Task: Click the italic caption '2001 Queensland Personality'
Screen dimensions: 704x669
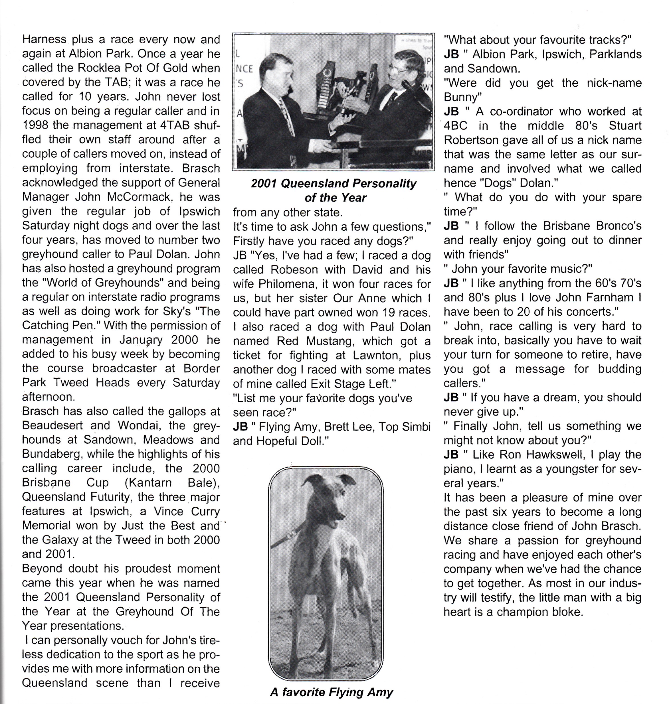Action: coord(334,183)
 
